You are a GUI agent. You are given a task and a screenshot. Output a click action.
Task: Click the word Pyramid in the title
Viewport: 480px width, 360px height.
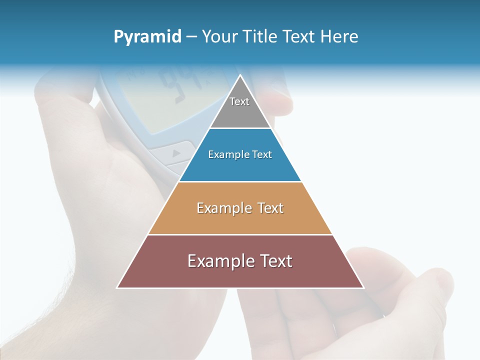147,37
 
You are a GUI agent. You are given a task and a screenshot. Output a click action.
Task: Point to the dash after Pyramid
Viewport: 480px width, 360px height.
191,37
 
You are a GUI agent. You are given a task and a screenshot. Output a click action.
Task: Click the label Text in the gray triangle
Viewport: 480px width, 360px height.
239,101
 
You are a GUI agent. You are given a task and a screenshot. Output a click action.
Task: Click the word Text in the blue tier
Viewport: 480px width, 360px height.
262,154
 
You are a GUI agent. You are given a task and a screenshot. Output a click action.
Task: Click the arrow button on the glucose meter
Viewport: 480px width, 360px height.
175,153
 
